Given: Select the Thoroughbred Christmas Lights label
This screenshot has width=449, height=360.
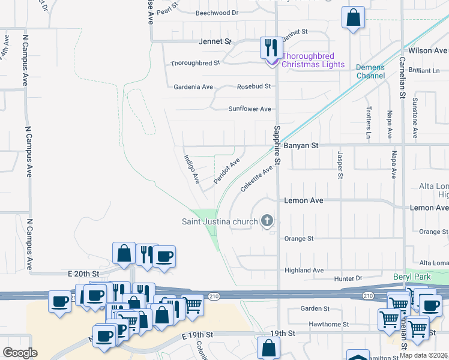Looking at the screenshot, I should (313, 60).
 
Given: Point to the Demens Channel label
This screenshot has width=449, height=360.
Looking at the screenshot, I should (370, 71).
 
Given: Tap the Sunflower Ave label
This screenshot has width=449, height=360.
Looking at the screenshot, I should (250, 109).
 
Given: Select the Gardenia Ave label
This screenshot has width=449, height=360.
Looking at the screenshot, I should (193, 87).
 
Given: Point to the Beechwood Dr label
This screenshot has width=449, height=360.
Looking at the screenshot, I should (217, 12).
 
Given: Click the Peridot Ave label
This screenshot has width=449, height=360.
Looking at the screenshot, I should (227, 171).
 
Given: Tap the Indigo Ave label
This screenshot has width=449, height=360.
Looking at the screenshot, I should (191, 169).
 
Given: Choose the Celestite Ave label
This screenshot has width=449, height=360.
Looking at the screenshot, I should (256, 179).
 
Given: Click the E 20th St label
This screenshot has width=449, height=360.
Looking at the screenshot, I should (84, 273).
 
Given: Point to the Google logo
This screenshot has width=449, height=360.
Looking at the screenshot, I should (20, 352).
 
